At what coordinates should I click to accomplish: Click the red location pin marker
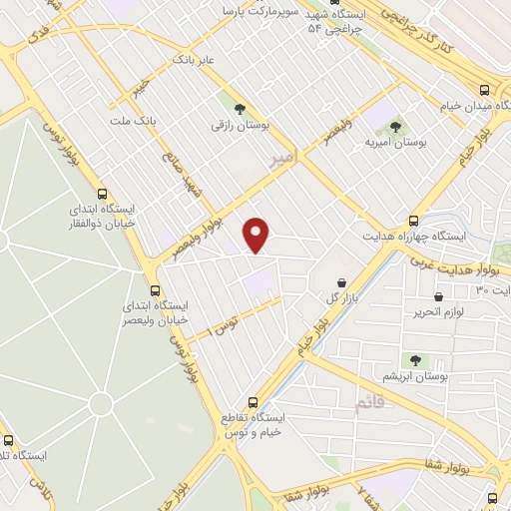pos(257,236)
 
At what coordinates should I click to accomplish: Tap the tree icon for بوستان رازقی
pos(239,109)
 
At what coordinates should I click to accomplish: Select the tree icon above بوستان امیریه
pos(396,127)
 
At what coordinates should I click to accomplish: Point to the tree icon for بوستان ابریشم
pos(415,360)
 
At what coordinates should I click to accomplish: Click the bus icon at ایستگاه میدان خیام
pos(485,87)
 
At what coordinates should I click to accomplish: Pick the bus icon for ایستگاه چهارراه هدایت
pos(413,221)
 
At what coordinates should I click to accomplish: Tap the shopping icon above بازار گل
pos(342,282)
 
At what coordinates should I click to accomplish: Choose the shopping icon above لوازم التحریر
pos(439,296)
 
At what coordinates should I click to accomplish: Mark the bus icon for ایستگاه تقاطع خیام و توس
pos(253,401)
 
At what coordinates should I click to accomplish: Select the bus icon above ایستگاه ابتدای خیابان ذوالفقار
pos(102,194)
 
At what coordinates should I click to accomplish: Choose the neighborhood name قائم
pos(368,402)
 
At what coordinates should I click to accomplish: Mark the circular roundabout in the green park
pos(100,403)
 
